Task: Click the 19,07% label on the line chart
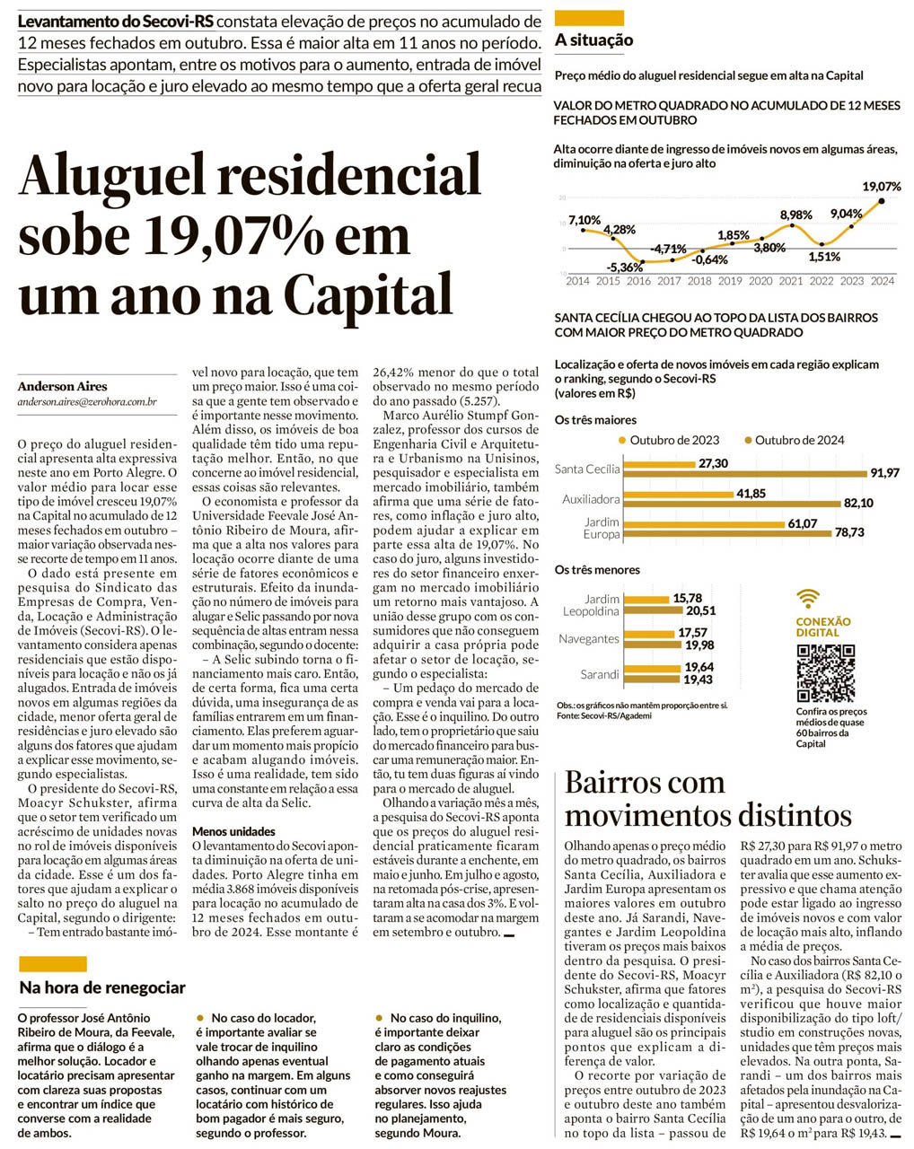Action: click(x=881, y=187)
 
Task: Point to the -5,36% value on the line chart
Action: click(x=624, y=267)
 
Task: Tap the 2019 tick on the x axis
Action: click(x=730, y=281)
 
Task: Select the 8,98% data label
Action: click(x=795, y=215)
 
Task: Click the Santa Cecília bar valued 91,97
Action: click(x=746, y=473)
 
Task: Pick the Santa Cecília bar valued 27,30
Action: click(x=658, y=464)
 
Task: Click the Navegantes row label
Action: click(x=588, y=639)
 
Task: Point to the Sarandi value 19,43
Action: click(x=699, y=680)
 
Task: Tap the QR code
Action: click(x=825, y=672)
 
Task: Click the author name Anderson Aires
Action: click(x=62, y=386)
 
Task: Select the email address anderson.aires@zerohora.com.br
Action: click(x=87, y=402)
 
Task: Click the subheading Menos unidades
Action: click(x=233, y=831)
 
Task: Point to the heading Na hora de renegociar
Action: click(x=102, y=987)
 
